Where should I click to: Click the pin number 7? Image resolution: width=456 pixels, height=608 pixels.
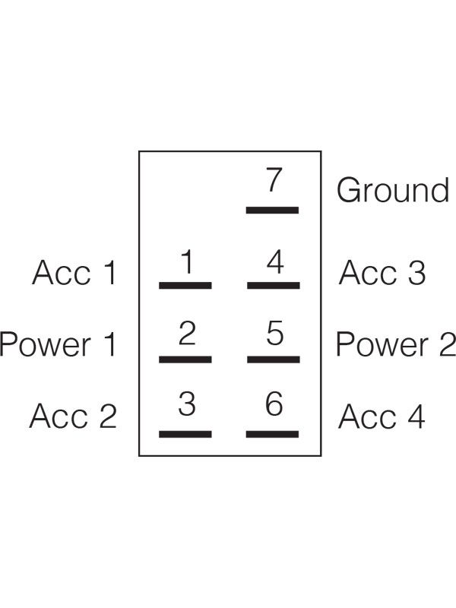tap(274, 179)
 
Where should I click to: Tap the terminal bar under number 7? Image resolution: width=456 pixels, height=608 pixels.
tap(272, 211)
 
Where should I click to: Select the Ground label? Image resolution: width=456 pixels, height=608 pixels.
tap(393, 190)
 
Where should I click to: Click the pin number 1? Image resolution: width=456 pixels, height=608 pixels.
tap(187, 261)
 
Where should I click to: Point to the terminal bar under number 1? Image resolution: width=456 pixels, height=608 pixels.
tap(185, 286)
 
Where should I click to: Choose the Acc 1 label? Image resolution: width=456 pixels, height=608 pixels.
tap(74, 273)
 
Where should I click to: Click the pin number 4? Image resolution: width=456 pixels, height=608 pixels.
tap(275, 261)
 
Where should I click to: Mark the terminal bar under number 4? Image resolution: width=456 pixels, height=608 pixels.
tap(274, 286)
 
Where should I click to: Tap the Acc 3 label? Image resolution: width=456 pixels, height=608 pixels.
tap(382, 273)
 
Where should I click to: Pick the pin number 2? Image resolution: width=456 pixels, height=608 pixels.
tap(187, 333)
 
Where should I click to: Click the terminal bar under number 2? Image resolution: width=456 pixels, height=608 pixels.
tap(185, 359)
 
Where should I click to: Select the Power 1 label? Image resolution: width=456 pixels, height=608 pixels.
tap(58, 344)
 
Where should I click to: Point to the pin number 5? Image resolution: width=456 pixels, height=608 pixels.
tap(275, 333)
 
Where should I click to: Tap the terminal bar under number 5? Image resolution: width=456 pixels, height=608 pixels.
tap(274, 359)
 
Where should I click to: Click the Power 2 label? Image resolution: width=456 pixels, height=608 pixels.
tap(396, 344)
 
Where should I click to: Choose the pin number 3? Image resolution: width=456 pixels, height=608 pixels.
tap(187, 404)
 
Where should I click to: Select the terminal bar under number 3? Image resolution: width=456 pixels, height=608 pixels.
tap(185, 434)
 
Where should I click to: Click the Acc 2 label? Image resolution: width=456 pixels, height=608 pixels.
tap(73, 416)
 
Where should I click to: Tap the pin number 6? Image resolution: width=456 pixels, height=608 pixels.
tap(274, 404)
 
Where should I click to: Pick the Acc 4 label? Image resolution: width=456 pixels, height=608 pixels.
tap(382, 416)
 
